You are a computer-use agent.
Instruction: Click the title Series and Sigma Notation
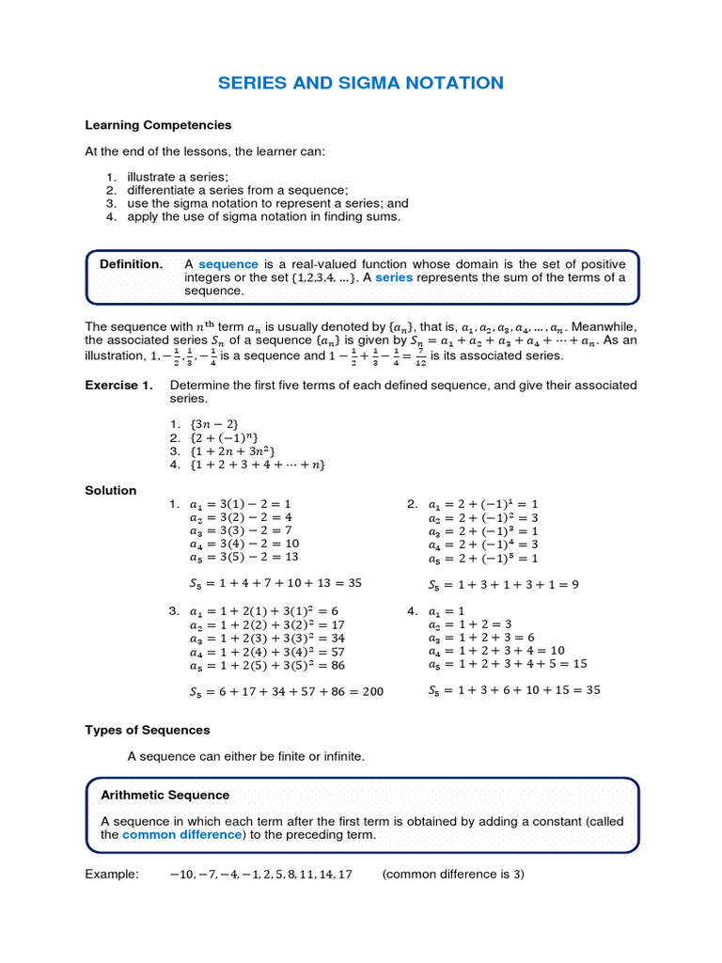[361, 83]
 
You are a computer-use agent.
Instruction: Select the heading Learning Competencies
[158, 124]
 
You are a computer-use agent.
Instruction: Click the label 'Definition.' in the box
[131, 263]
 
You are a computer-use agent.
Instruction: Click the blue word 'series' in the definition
[394, 277]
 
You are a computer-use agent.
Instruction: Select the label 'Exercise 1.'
[118, 386]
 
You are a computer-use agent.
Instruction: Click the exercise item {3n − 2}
[213, 425]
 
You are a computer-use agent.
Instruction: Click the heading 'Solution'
[111, 490]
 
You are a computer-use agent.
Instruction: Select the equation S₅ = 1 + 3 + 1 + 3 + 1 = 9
[503, 584]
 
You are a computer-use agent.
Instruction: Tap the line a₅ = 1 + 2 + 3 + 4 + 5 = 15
[508, 663]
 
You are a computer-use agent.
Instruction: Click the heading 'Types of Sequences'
[148, 730]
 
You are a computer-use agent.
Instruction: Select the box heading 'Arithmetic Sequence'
[165, 796]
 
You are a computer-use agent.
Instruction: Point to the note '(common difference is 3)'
[453, 874]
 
